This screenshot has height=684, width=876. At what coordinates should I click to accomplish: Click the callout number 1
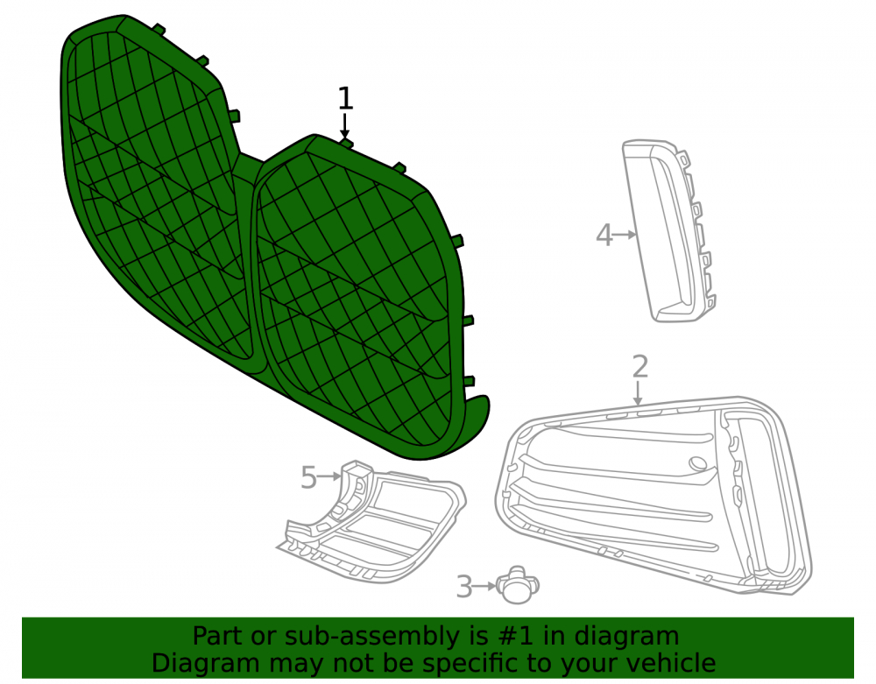(346, 98)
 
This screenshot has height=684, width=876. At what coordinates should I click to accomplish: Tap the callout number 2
(640, 366)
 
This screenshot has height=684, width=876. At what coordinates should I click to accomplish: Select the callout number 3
(464, 587)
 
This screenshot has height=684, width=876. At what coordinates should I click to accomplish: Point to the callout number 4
(604, 235)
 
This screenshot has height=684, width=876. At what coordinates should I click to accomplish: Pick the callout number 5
(309, 477)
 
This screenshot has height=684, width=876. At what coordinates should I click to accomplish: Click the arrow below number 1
(344, 125)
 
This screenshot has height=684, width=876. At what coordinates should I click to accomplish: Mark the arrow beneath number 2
(638, 392)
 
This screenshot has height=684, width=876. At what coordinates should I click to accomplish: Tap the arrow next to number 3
(484, 586)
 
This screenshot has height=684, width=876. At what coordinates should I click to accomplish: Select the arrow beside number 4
(625, 235)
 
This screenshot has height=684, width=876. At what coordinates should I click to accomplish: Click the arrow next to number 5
(329, 476)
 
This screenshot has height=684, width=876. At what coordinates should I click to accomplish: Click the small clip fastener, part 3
(518, 585)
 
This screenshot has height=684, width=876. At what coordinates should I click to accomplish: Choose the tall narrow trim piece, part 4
(669, 230)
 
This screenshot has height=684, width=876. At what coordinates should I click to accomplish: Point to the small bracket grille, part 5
(371, 521)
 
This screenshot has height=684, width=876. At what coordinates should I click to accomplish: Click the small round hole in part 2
(698, 463)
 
